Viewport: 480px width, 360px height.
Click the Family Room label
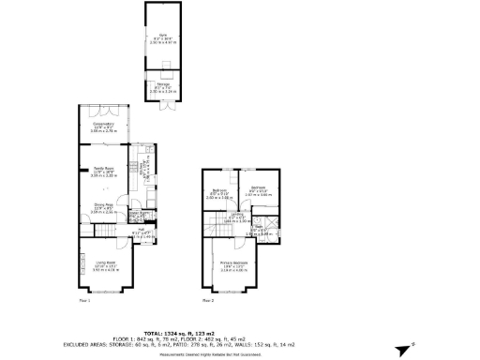pyautogui.click(x=103, y=172)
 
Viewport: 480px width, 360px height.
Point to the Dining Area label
pyautogui.click(x=103, y=208)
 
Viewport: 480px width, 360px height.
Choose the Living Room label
pyautogui.click(x=103, y=266)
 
